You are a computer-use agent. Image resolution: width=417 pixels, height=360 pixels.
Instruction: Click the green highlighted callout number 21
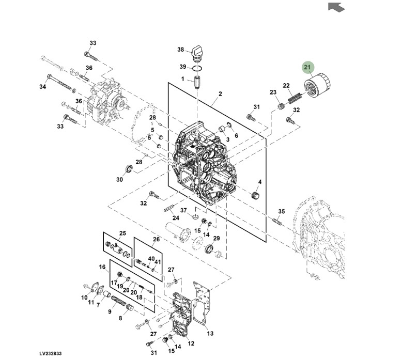[307, 68]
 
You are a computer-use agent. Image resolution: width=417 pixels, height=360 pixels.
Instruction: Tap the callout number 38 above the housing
[180, 50]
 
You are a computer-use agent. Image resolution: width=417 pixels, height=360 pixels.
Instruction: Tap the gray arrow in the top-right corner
[336, 7]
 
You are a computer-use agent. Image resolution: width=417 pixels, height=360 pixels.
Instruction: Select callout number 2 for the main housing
[220, 93]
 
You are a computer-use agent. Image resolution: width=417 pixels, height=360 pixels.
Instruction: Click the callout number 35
[282, 211]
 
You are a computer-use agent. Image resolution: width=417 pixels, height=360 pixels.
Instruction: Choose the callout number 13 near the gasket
[210, 333]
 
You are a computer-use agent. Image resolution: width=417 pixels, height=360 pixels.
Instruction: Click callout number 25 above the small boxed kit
[122, 233]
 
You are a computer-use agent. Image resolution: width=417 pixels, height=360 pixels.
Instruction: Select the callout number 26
[156, 239]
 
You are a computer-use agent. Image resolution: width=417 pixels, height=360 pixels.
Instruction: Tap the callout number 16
[102, 267]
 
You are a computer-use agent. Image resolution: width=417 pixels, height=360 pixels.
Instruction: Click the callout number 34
[42, 86]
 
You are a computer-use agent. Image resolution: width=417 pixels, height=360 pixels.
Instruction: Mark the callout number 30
[119, 179]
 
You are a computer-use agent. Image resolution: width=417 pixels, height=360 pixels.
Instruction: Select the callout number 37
[183, 210]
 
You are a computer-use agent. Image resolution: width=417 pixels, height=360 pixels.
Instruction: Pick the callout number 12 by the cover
[191, 343]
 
